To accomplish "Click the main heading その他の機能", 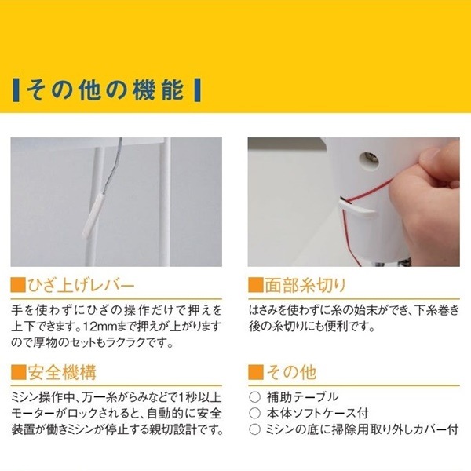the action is pos(105,89).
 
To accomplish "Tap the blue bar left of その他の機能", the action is pos(16,89).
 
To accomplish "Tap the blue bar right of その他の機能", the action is pos(197,89).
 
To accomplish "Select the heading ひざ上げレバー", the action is pos(81,286).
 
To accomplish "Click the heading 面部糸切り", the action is pos(305,286).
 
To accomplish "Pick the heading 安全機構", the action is pos(62,372).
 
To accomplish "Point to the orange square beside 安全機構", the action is pos(18,372).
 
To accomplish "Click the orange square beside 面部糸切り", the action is pos(256,286).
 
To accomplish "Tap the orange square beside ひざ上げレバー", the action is pos(18,286).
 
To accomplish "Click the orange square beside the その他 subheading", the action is pos(256,372).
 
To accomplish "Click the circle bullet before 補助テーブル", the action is pos(254,397).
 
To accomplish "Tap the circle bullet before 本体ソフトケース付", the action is pos(254,414).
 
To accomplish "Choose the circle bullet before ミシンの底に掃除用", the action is pos(254,429).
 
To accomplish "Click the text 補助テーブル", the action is pos(302,397).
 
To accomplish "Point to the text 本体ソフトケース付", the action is pos(317,414).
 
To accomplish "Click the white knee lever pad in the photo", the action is pos(91,216).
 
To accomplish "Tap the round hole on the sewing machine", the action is pos(368,161).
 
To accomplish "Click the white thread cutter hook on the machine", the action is pos(357,210).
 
